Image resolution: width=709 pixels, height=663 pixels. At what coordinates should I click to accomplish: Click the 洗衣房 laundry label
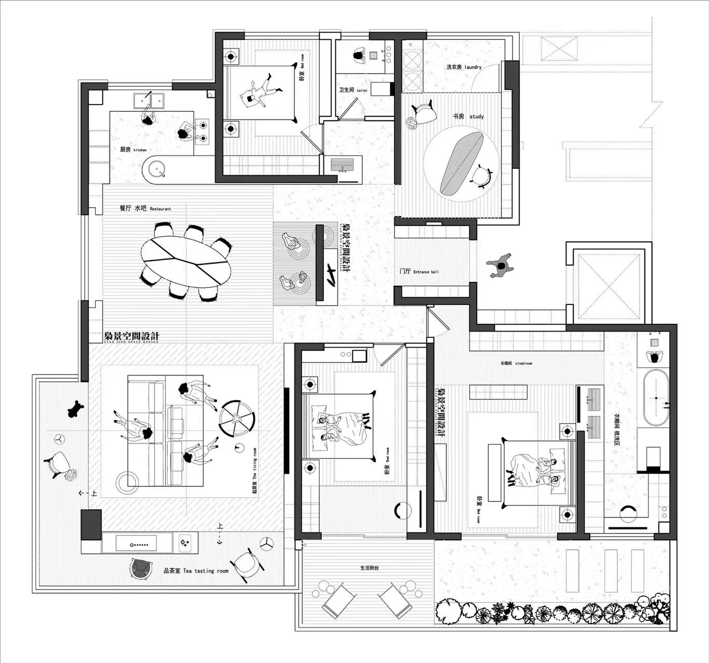click(464, 67)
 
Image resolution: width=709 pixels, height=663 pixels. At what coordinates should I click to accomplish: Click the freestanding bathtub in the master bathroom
click(655, 398)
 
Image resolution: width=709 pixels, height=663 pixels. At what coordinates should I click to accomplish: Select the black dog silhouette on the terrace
click(76, 409)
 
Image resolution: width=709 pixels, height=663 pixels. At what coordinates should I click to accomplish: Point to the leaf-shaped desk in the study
click(461, 162)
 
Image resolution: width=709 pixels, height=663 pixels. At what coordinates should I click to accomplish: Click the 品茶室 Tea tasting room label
click(196, 571)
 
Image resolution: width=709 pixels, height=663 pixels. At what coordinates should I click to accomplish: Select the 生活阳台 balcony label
click(370, 568)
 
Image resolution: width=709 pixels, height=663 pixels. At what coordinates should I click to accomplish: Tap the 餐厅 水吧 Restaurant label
click(145, 208)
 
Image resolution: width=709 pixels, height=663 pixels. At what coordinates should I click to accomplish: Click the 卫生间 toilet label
click(353, 90)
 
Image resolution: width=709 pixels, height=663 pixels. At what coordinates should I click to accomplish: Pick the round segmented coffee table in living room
click(237, 419)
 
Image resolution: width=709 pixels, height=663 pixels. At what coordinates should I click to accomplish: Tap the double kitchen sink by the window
click(149, 99)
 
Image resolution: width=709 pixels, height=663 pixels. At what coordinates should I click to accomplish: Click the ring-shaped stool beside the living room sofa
click(127, 482)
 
